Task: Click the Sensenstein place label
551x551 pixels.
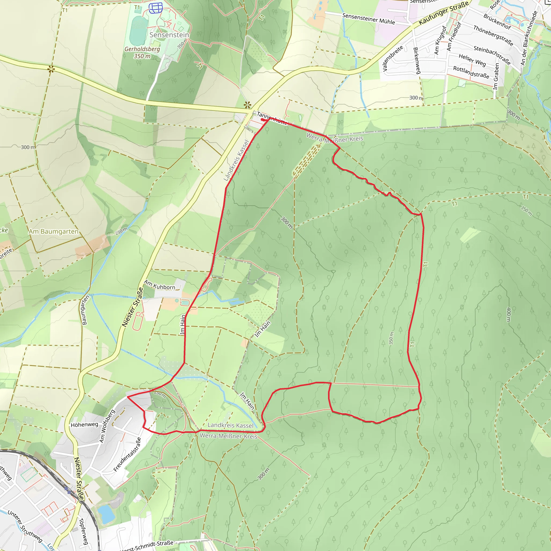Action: pos(169,35)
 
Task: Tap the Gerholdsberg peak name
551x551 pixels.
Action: pos(142,49)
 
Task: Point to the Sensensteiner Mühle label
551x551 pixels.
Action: pos(369,19)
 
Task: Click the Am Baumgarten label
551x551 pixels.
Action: pos(53,231)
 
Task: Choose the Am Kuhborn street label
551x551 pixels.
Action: pos(160,285)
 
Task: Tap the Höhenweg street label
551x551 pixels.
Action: pos(84,425)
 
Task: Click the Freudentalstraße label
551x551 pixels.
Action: pos(127,455)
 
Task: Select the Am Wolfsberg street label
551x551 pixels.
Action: pos(107,426)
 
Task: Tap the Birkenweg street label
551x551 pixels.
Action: pos(417,61)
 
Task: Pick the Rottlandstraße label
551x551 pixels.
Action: pos(471,72)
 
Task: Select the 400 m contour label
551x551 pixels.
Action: pos(508,315)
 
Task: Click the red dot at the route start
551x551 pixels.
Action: pos(262,120)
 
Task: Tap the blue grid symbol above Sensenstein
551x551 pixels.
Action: pos(156,8)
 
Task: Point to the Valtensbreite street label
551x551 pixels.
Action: pos(393,58)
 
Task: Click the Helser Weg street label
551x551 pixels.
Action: pos(472,60)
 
